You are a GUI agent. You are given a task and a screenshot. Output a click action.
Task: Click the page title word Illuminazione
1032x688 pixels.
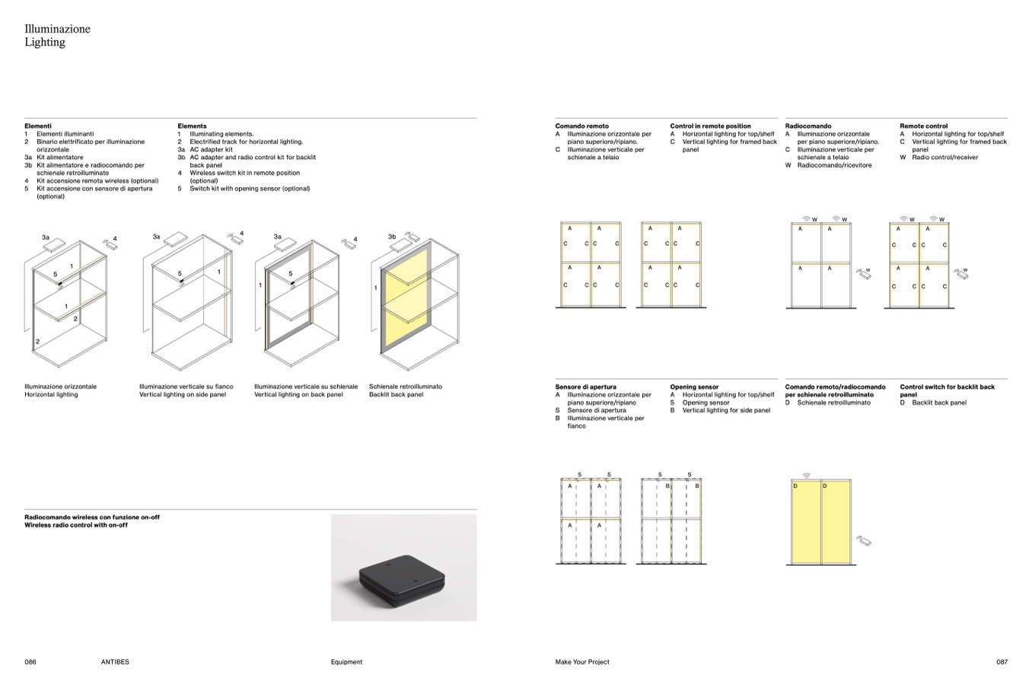pyautogui.click(x=57, y=29)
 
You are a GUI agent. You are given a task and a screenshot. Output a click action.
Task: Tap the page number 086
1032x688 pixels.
pyautogui.click(x=30, y=662)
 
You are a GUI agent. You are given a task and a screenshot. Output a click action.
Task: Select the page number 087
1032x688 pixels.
pyautogui.click(x=1002, y=662)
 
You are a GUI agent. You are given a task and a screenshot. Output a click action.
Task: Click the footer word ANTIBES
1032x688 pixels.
pyautogui.click(x=115, y=662)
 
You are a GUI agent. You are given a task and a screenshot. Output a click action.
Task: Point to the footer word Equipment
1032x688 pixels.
pyautogui.click(x=346, y=662)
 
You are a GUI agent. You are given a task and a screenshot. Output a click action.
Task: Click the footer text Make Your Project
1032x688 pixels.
pyautogui.click(x=582, y=662)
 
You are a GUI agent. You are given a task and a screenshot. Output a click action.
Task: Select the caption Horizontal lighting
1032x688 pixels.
pyautogui.click(x=51, y=394)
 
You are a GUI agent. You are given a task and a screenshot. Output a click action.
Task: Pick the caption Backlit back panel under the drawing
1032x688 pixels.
pyautogui.click(x=396, y=394)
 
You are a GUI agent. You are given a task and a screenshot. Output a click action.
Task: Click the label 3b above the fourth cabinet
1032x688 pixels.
pyautogui.click(x=392, y=237)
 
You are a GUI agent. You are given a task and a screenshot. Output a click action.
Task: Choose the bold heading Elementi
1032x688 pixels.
pyautogui.click(x=38, y=126)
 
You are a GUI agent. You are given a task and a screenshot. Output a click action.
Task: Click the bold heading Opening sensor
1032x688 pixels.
pyautogui.click(x=694, y=387)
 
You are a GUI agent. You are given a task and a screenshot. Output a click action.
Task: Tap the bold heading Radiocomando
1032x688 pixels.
pyautogui.click(x=808, y=126)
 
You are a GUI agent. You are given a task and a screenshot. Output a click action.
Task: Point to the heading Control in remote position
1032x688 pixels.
pyautogui.click(x=710, y=126)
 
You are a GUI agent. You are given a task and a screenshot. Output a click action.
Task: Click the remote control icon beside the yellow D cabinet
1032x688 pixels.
pyautogui.click(x=863, y=542)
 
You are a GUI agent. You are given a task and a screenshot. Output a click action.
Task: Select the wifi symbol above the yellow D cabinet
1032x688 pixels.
pyautogui.click(x=806, y=476)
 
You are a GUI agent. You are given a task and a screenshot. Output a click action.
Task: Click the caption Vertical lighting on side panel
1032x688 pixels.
pyautogui.click(x=183, y=394)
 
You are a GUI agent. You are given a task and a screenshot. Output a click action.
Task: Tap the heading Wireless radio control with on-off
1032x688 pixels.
pyautogui.click(x=76, y=525)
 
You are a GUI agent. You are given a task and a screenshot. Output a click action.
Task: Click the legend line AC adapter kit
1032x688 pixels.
pyautogui.click(x=211, y=149)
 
